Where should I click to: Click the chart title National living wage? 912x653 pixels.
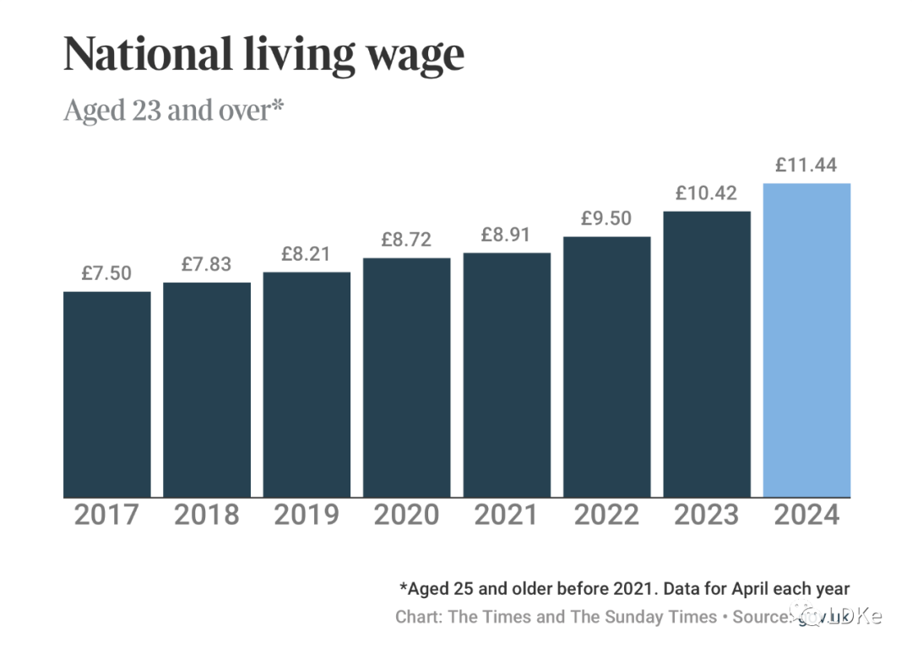tap(263, 54)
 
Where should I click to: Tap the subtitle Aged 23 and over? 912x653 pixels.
tap(172, 111)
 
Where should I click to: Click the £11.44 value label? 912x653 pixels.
tap(806, 165)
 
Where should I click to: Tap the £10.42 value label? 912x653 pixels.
tap(707, 193)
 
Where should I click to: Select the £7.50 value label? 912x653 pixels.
tap(107, 273)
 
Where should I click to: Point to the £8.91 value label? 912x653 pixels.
tap(507, 235)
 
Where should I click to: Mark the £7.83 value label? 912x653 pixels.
tap(207, 264)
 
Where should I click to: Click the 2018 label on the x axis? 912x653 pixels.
tap(207, 515)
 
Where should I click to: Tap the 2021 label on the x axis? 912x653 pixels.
tap(507, 515)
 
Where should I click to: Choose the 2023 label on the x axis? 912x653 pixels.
tap(707, 515)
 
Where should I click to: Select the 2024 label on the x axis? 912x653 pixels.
tap(806, 515)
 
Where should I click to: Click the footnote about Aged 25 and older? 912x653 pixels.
tap(624, 588)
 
